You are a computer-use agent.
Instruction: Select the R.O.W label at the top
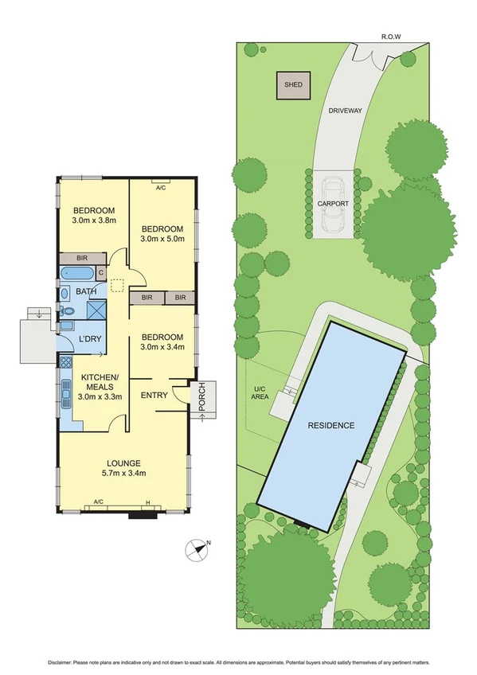389,36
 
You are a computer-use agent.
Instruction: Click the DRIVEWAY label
345,112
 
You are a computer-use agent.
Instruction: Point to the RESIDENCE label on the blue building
330,425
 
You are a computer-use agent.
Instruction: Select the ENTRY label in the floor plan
154,395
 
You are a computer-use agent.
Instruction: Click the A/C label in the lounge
99,501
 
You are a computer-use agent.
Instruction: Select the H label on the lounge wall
147,501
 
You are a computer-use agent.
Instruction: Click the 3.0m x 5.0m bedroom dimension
162,238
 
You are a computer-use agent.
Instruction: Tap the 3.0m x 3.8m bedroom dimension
94,220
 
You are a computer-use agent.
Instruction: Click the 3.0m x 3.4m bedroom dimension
162,346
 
